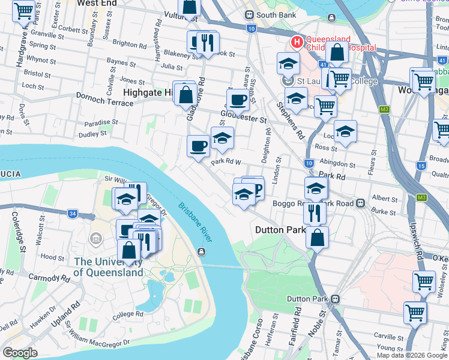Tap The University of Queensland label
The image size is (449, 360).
108,267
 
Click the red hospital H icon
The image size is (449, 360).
297,42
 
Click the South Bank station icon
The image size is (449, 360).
249,15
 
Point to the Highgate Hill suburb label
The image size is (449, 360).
147,92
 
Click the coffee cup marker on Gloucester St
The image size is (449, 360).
238,100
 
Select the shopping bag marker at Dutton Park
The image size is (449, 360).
317,237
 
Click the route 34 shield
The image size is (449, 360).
72,213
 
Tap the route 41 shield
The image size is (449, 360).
322,65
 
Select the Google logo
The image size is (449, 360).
20,353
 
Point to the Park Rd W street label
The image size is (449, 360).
226,161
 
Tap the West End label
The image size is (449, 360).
97,3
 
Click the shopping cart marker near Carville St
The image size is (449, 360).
415,312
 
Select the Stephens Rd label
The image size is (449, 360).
291,121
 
